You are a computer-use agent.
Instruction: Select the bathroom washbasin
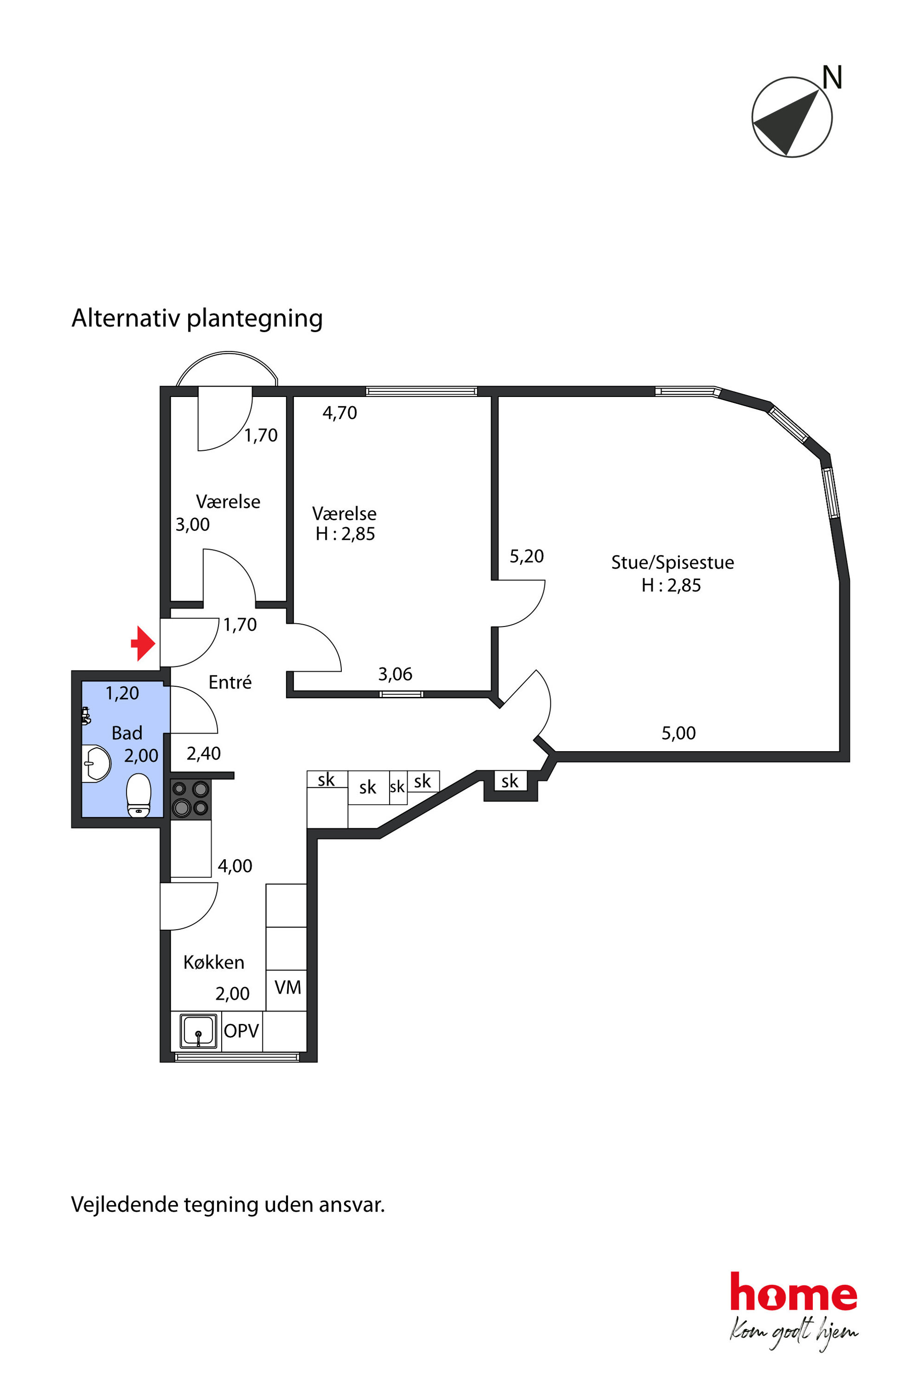pos(97,763)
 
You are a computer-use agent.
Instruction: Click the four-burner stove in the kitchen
pos(191,799)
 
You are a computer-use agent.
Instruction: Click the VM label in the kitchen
pos(287,988)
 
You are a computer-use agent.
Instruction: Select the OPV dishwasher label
pos(241,1031)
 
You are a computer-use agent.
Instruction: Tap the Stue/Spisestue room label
pos(672,562)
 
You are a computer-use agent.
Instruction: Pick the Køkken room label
pos(214,962)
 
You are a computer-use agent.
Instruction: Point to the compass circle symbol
pos(792,117)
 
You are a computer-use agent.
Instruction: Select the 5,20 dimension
pos(526,556)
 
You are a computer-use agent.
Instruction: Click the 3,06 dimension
pos(395,674)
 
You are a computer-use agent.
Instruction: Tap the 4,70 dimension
pos(340,413)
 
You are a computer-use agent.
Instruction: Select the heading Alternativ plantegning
pos(197,318)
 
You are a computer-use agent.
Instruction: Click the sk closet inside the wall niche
pos(510,781)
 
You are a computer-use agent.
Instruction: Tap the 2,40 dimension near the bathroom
pos(204,754)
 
